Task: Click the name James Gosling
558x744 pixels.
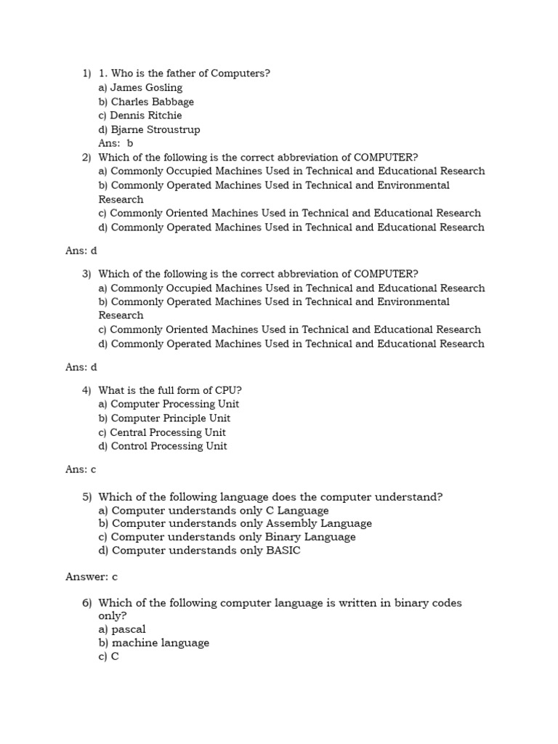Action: pos(146,88)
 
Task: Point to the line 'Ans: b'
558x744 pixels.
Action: pos(116,143)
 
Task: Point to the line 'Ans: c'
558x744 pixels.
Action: pos(81,469)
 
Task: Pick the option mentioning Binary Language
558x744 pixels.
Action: pos(227,537)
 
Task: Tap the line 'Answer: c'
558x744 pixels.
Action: pos(92,577)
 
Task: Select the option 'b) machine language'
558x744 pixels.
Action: pos(153,643)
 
